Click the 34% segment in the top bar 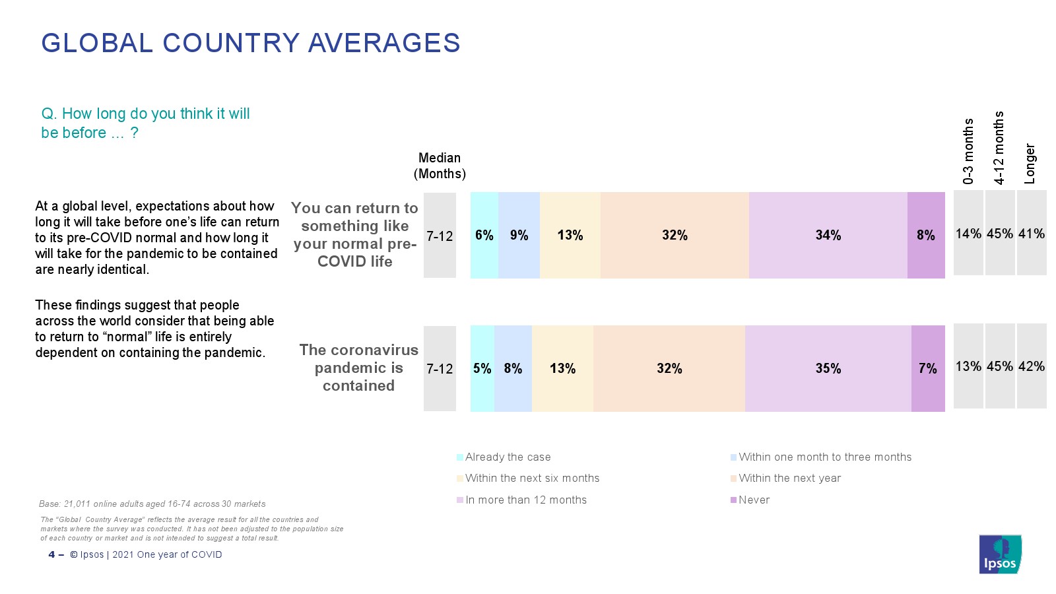[828, 236]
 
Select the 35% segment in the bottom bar [828, 368]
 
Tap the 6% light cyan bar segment [484, 236]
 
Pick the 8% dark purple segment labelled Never [926, 236]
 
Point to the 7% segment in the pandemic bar [928, 368]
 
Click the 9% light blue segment [519, 236]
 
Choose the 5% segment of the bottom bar [482, 368]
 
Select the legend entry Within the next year [789, 478]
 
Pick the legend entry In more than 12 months [525, 500]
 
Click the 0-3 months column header [968, 151]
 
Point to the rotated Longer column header [1030, 164]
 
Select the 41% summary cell [1031, 234]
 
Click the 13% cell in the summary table [968, 366]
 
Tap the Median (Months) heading [440, 166]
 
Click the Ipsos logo [1000, 554]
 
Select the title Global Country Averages [251, 43]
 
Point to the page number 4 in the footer [51, 554]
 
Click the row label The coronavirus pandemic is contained [358, 368]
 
